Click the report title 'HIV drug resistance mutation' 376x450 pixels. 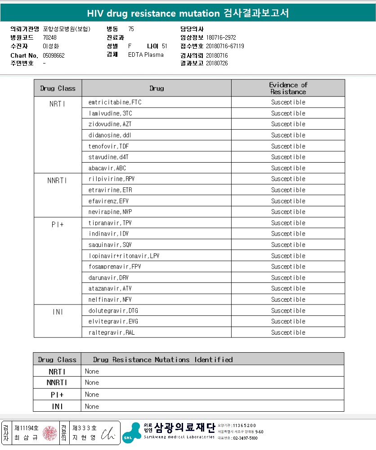click(x=153, y=13)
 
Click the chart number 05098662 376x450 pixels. click(x=54, y=55)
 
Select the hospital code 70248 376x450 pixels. click(x=49, y=37)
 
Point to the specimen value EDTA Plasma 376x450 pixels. click(x=146, y=55)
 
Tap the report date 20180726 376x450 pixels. click(x=217, y=63)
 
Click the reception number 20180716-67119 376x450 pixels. click(x=225, y=46)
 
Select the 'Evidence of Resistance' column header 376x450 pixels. click(x=288, y=88)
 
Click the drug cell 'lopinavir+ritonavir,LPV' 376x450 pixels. click(x=124, y=256)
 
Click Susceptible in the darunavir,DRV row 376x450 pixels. click(x=288, y=278)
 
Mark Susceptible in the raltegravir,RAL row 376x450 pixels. click(x=288, y=333)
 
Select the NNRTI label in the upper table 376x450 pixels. click(x=57, y=181)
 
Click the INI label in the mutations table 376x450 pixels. click(x=57, y=406)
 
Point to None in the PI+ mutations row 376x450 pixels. click(x=92, y=395)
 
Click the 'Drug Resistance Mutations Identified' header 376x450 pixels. click(x=163, y=359)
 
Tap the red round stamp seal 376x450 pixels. click(x=50, y=433)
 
